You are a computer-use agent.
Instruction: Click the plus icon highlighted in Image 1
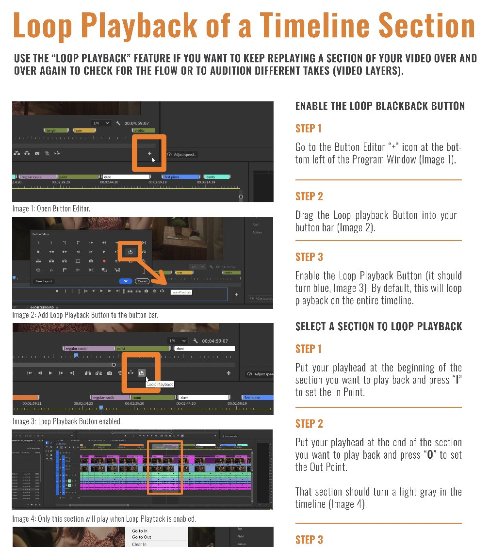point(149,154)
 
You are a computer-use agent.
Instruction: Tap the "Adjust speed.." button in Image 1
point(182,155)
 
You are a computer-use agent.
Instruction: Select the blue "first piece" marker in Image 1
point(181,177)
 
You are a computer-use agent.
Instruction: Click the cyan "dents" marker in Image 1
point(216,177)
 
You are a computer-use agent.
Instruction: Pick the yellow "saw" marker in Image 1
point(84,130)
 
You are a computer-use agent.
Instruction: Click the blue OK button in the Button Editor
point(125,281)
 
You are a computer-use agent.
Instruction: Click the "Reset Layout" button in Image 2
point(44,281)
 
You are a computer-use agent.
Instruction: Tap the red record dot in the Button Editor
point(104,261)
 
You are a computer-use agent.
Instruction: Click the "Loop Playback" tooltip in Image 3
point(160,384)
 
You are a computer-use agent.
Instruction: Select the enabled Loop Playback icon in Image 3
point(141,373)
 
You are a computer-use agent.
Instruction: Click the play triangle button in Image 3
point(50,373)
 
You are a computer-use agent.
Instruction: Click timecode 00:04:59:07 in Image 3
point(215,341)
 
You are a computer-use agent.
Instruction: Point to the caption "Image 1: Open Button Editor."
point(51,209)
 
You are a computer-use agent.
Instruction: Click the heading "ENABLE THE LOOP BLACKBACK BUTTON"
point(380,106)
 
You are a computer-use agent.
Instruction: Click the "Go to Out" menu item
point(142,537)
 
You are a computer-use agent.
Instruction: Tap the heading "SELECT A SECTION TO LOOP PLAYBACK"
point(378,326)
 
